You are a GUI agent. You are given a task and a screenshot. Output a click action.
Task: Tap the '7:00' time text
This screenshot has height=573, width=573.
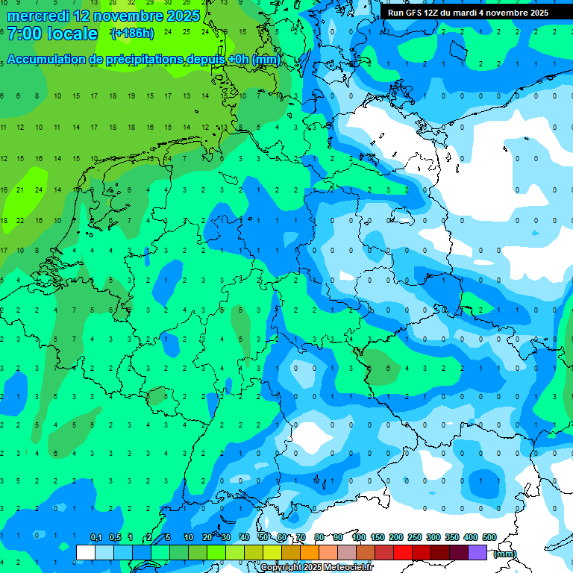pyautogui.click(x=25, y=34)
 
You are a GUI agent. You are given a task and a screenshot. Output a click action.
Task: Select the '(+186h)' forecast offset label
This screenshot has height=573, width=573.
pyautogui.click(x=132, y=34)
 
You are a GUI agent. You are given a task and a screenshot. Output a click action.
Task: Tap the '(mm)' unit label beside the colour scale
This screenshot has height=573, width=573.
pyautogui.click(x=505, y=553)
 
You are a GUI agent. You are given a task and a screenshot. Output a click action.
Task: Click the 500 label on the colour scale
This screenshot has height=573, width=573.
pyautogui.click(x=489, y=537)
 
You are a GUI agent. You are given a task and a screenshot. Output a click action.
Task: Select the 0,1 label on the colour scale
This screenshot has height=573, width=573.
pyautogui.click(x=95, y=537)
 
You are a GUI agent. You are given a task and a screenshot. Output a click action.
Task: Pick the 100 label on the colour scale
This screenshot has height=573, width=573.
pyautogui.click(x=358, y=537)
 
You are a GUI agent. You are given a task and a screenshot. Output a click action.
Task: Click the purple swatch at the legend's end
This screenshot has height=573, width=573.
pyautogui.click(x=477, y=552)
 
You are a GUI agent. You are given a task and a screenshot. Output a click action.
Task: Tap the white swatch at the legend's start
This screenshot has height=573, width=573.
pyautogui.click(x=85, y=552)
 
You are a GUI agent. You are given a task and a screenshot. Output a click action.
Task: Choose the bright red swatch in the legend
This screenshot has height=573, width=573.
pyautogui.click(x=403, y=552)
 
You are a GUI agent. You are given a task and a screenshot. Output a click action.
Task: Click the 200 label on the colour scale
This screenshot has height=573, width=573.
pyautogui.click(x=395, y=537)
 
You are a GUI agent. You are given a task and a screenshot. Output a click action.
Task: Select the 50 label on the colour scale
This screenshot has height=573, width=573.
pyautogui.click(x=263, y=537)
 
